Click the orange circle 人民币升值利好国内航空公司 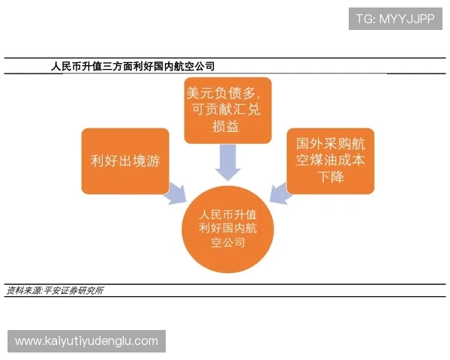click(231, 228)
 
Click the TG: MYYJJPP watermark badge click(395, 18)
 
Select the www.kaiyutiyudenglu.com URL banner click(87, 341)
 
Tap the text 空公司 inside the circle click(231, 244)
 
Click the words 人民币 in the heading click(67, 67)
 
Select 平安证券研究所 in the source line click(73, 290)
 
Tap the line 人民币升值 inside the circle click(231, 213)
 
